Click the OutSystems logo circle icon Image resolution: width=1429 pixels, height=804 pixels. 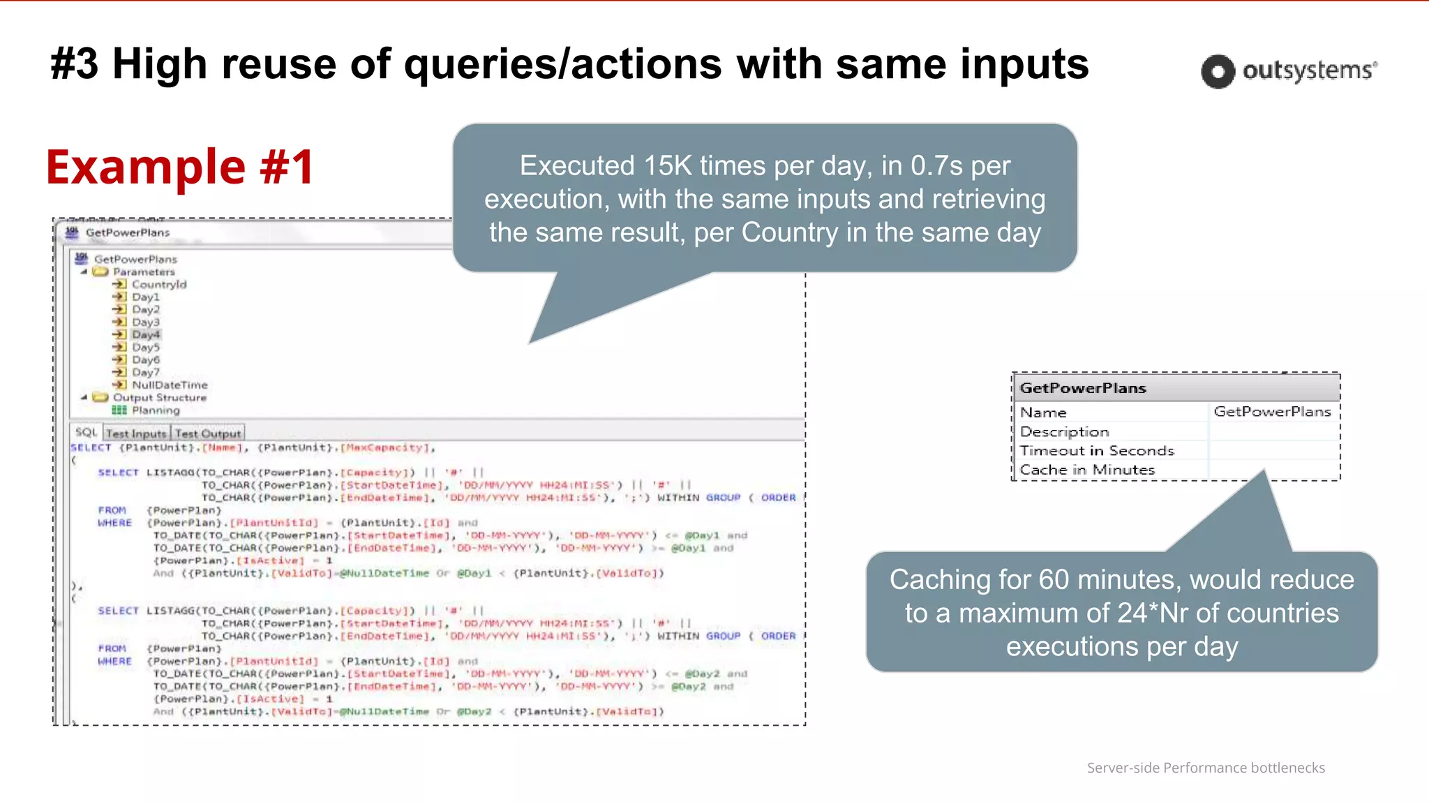pos(1218,71)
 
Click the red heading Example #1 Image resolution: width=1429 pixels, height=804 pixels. pos(180,167)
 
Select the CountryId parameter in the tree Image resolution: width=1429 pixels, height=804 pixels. pos(159,284)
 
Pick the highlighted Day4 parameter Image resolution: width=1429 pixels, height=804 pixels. pos(145,334)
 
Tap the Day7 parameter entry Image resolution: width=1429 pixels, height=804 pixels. pos(145,372)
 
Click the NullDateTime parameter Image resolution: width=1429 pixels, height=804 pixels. pos(170,385)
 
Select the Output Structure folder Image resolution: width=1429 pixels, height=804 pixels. pos(159,397)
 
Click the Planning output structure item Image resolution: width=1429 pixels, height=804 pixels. pos(156,410)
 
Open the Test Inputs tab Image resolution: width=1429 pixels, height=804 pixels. pos(137,433)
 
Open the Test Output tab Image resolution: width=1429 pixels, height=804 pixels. pos(208,433)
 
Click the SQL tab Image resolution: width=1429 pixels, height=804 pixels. pos(86,433)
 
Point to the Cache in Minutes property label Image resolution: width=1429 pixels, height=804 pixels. pos(1087,470)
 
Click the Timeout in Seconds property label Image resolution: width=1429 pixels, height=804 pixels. pos(1097,451)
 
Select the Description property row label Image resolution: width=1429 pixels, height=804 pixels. pos(1064,432)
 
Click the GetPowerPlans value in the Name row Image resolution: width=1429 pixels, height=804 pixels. pos(1272,412)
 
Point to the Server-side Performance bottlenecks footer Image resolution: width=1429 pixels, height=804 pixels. pos(1206,768)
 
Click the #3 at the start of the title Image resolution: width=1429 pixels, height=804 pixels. pos(75,64)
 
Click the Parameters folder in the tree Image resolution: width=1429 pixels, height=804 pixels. pos(144,271)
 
